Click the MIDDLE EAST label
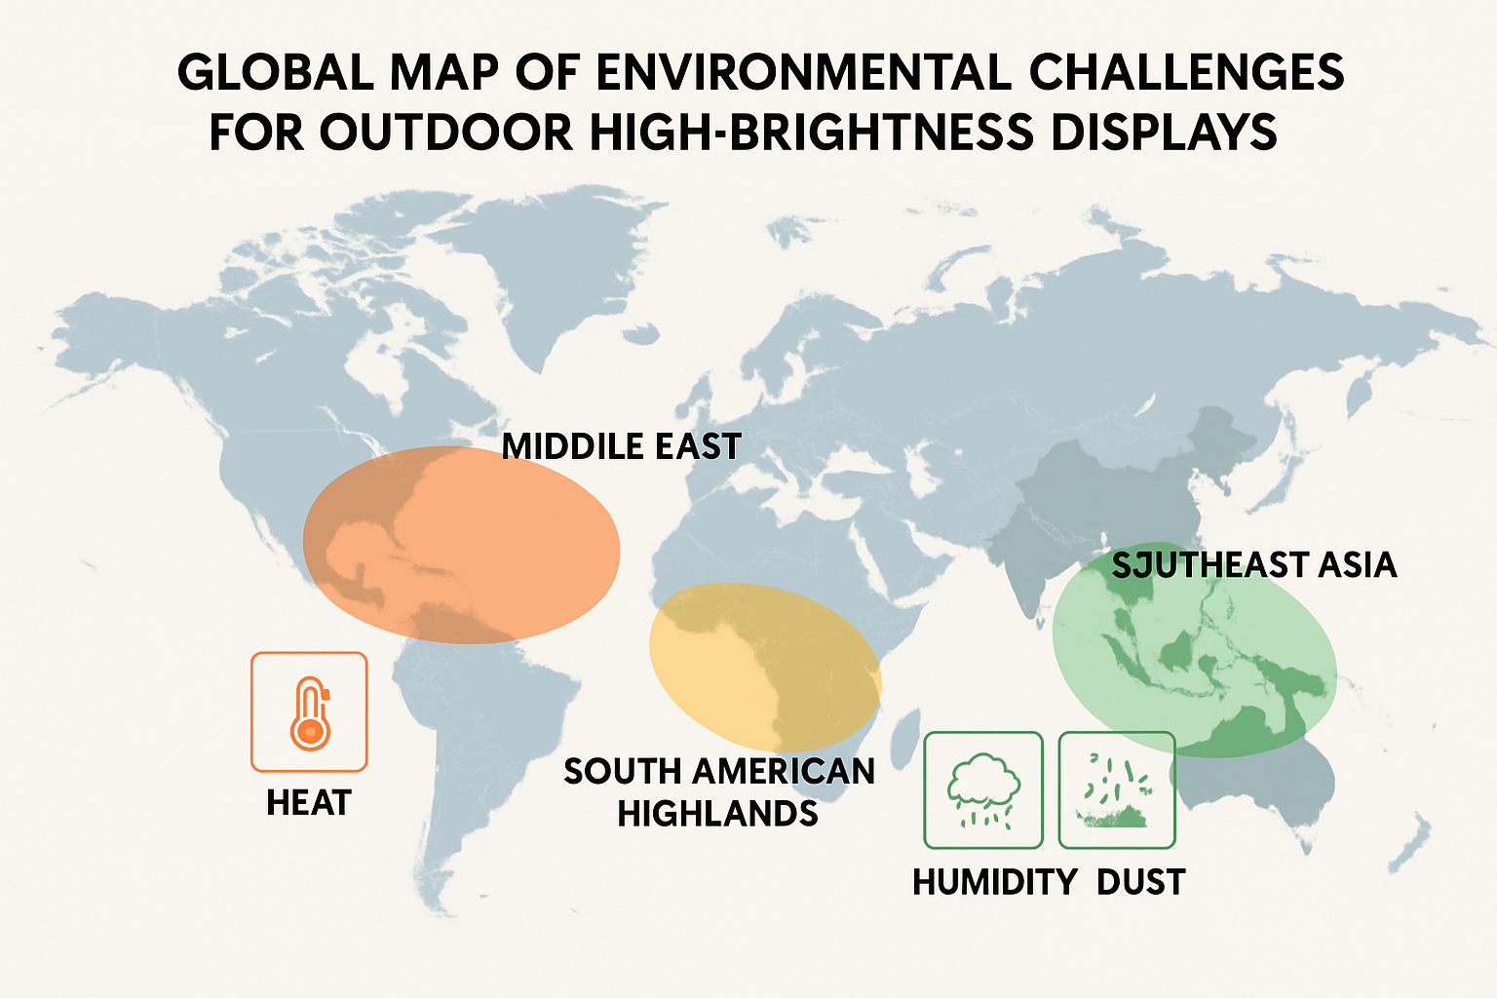621,446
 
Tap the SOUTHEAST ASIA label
1253,565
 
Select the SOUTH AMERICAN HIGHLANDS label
719,792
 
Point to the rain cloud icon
983,790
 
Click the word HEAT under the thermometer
309,803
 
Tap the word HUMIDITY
995,882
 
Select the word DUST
1141,882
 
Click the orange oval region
461,545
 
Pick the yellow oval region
765,667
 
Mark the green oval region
1194,650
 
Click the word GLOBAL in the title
276,72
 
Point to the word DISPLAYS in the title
1164,132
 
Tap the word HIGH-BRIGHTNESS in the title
812,132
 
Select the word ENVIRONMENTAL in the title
803,72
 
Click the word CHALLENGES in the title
1187,72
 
